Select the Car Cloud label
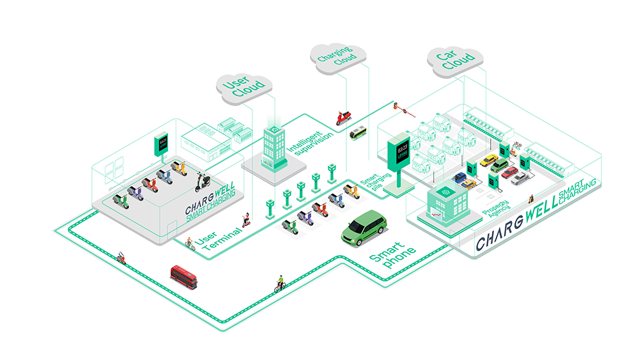click(x=455, y=60)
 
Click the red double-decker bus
click(x=184, y=277)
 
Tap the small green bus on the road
click(x=358, y=134)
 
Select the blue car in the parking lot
click(x=459, y=177)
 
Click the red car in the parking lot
click(x=509, y=172)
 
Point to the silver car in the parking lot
click(x=520, y=178)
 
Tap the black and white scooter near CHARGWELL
click(x=203, y=182)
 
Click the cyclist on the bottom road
click(x=279, y=284)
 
